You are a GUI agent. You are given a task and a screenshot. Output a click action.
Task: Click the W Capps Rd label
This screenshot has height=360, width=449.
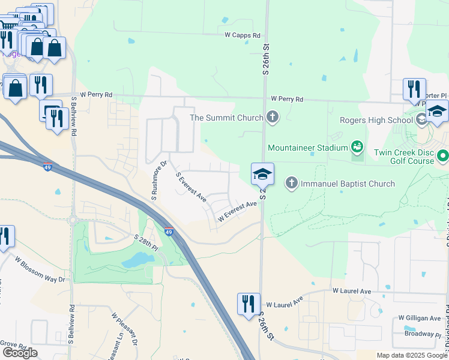[x=241, y=35]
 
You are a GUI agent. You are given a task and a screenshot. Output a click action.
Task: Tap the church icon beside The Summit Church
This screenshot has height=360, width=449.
[x=273, y=116]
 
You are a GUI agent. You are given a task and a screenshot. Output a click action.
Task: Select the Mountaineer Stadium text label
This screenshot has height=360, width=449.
[x=308, y=148]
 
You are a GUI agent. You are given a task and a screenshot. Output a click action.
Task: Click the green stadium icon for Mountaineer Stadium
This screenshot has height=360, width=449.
[x=357, y=146]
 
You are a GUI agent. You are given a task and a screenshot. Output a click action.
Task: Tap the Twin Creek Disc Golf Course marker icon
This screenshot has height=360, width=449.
[x=443, y=157]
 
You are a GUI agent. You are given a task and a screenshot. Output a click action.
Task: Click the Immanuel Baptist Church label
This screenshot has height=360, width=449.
[x=348, y=184]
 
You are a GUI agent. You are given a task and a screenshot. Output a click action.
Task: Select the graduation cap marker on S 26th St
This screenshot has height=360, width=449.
[x=262, y=174]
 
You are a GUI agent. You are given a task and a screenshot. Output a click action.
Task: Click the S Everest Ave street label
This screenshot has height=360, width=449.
[x=191, y=187]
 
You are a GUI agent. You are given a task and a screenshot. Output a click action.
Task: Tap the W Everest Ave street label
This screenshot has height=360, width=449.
[x=237, y=211]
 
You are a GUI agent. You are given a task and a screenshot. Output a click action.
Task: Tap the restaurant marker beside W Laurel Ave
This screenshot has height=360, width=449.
[x=249, y=304]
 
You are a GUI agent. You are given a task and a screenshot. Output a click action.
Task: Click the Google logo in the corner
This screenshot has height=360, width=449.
[x=20, y=353]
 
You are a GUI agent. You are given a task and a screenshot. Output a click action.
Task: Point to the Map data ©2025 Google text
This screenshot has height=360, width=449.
[x=411, y=355]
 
